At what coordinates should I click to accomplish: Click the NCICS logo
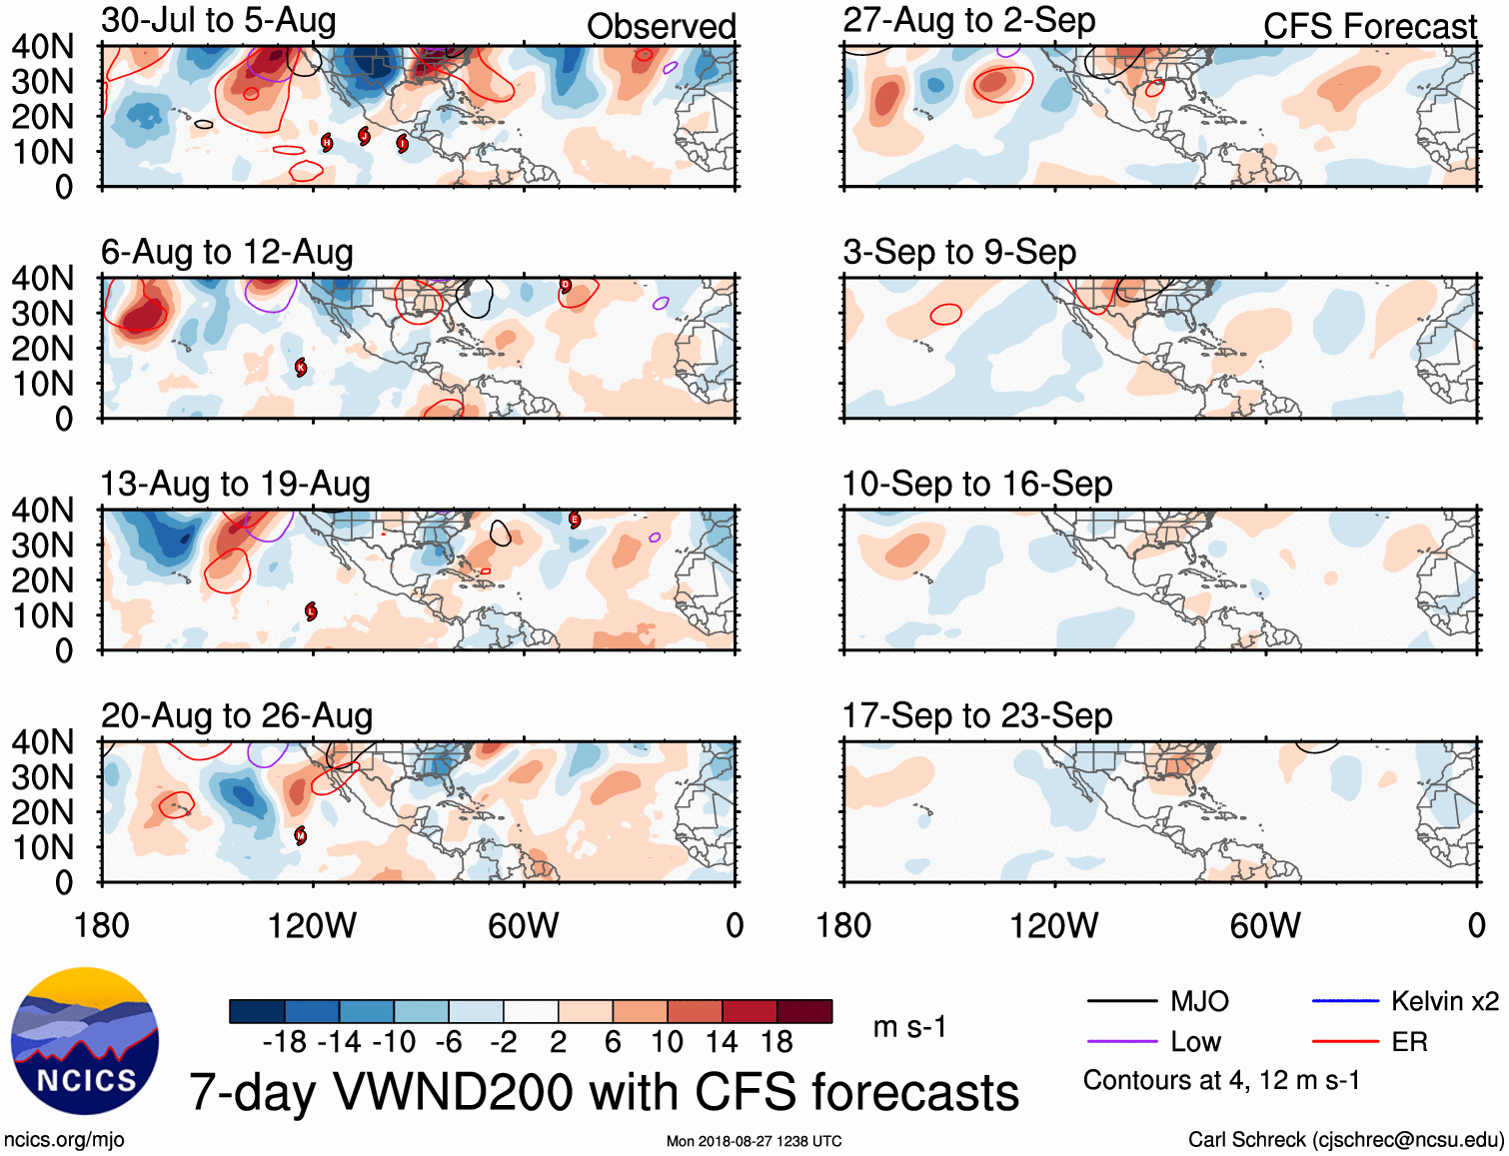85,1041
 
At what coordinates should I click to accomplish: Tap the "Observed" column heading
661,27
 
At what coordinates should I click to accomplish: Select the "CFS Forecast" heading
1369,27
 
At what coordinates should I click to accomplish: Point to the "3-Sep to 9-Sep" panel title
959,252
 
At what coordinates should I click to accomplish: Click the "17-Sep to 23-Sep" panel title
976,715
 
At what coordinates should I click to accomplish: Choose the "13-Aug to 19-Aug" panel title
235,484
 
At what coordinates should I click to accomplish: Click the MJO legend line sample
1121,1001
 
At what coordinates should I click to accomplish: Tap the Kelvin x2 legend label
1444,1001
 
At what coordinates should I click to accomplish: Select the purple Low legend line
1121,1042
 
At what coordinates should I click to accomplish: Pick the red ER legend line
1345,1042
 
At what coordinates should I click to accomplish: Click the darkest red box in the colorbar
804,1011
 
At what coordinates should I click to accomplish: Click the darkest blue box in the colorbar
257,1011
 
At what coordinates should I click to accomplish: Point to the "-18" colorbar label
285,1042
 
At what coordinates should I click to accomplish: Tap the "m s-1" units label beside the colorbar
909,1027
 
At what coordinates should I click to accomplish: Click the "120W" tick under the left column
312,926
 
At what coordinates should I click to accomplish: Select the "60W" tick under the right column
1265,926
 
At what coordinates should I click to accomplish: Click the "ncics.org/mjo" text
64,1140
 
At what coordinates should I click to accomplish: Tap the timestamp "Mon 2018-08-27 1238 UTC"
754,1141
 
